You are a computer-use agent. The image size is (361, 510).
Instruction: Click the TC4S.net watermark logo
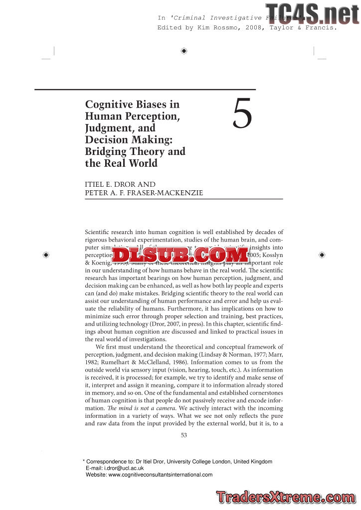click(312, 14)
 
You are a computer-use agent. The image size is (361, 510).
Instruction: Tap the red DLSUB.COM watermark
click(180, 255)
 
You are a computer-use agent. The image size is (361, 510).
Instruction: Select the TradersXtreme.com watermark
click(286, 497)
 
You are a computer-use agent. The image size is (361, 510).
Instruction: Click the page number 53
click(183, 435)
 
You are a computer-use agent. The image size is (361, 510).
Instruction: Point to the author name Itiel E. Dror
click(120, 184)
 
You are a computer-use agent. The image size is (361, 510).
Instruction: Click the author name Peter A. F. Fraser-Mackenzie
click(144, 193)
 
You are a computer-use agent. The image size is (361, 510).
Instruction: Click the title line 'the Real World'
click(121, 163)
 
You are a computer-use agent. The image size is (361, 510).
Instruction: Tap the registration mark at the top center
click(184, 51)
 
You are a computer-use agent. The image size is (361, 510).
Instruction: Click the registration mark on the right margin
click(322, 255)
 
